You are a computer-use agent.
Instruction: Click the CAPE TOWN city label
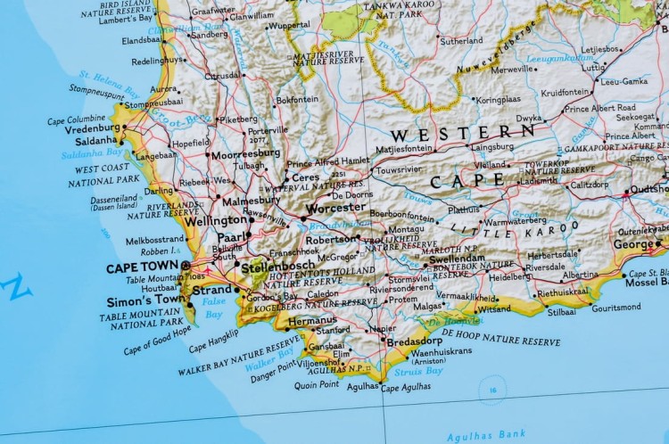pyautogui.click(x=142, y=267)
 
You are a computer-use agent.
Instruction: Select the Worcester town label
pyautogui.click(x=335, y=207)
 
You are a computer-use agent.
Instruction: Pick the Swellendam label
pyautogui.click(x=457, y=259)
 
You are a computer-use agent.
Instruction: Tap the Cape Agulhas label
pyautogui.click(x=406, y=387)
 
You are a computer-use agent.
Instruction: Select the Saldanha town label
pyautogui.click(x=96, y=140)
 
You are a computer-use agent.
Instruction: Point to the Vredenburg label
pyautogui.click(x=92, y=128)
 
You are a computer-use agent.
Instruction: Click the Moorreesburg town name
pyautogui.click(x=245, y=153)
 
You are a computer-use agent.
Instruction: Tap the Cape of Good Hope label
pyautogui.click(x=157, y=340)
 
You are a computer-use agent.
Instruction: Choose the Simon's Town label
pyautogui.click(x=145, y=300)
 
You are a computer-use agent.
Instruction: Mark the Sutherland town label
pyautogui.click(x=461, y=40)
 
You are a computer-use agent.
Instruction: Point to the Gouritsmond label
pyautogui.click(x=615, y=307)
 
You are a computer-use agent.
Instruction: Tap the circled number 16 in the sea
pyautogui.click(x=492, y=389)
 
